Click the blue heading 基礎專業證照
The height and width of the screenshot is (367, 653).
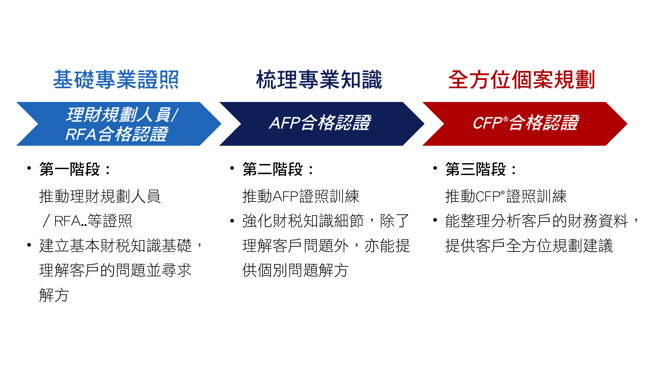(116, 80)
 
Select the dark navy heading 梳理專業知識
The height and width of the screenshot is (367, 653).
(319, 80)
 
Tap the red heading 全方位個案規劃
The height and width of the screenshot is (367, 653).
(522, 80)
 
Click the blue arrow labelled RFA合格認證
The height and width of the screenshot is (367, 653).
(119, 124)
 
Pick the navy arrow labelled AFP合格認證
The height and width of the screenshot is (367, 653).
(322, 124)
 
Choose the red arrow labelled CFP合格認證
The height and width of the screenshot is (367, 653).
(525, 124)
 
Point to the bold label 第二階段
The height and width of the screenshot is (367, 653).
(273, 169)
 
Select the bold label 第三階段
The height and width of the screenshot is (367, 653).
(476, 169)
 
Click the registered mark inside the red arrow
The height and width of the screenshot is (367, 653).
(506, 119)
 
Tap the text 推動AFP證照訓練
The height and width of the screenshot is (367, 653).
(301, 196)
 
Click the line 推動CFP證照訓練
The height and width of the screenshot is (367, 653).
(506, 196)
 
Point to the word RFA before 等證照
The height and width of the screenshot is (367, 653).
(68, 221)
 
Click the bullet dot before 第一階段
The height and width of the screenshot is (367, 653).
(29, 168)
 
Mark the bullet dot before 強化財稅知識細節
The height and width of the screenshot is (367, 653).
(232, 221)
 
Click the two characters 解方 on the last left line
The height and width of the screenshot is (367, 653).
(54, 295)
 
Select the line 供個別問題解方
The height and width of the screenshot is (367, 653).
(295, 270)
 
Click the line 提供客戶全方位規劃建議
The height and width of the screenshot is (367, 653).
(529, 246)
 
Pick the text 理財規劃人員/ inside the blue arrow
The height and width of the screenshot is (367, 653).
(122, 115)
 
